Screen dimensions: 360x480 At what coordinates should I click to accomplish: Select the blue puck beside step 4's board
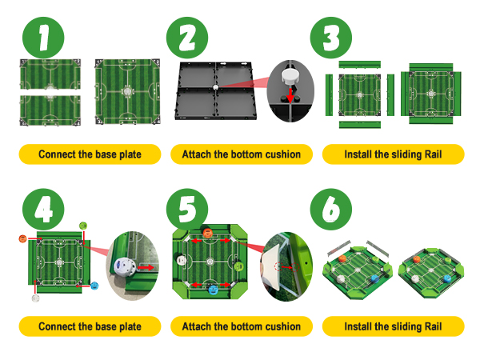(94, 286)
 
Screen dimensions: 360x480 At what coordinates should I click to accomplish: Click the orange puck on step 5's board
(208, 234)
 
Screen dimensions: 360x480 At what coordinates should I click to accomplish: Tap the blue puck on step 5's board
(213, 289)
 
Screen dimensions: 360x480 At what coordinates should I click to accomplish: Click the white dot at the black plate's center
(214, 86)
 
